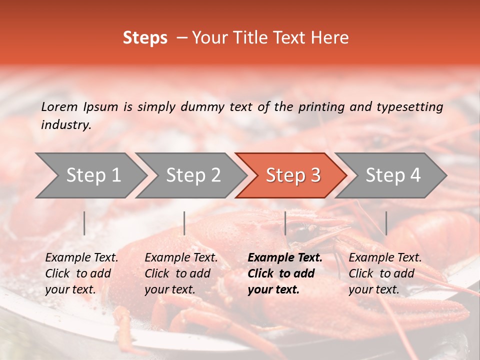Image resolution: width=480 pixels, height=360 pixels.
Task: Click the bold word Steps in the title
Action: [145, 38]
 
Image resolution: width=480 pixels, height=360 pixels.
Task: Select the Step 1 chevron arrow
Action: [90, 175]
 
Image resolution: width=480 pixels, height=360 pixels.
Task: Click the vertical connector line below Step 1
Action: [84, 223]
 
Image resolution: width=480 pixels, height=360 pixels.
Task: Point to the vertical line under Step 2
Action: [184, 223]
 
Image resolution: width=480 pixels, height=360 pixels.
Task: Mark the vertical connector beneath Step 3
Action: [285, 223]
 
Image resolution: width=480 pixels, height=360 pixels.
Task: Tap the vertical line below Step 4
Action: [386, 223]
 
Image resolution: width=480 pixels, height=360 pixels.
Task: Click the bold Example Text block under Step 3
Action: [284, 273]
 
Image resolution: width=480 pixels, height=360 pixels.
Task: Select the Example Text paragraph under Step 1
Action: [81, 273]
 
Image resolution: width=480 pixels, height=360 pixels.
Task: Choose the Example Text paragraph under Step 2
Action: [181, 273]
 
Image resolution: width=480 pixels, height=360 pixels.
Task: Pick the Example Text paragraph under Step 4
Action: [385, 273]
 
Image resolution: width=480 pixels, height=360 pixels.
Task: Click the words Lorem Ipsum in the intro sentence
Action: [79, 106]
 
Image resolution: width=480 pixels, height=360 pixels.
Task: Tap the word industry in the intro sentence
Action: [66, 125]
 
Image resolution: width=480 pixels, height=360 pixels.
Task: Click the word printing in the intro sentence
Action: [321, 106]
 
